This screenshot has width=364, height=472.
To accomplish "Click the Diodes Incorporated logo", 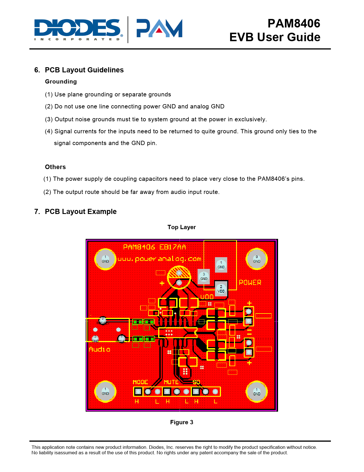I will pyautogui.click(x=79, y=29).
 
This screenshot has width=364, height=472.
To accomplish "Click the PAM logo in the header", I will pyautogui.click(x=159, y=28).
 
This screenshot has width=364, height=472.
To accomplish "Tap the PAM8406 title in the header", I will pyautogui.click(x=293, y=23).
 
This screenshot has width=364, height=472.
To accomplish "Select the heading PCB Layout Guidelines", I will pyautogui.click(x=84, y=70).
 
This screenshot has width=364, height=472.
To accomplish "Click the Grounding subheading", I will pyautogui.click(x=61, y=82).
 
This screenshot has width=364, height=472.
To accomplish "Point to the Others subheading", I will pyautogui.click(x=55, y=167).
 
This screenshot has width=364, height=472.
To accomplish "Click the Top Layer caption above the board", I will pyautogui.click(x=182, y=227).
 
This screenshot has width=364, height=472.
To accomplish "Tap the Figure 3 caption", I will pyautogui.click(x=182, y=422).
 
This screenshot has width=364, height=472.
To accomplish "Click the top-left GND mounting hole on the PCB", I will pyautogui.click(x=105, y=259).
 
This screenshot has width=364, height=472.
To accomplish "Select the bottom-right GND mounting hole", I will pyautogui.click(x=257, y=392).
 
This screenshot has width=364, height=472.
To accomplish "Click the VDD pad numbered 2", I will pyautogui.click(x=221, y=289).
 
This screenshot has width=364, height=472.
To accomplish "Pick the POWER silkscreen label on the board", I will pyautogui.click(x=250, y=283).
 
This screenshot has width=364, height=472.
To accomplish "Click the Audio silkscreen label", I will pyautogui.click(x=99, y=349).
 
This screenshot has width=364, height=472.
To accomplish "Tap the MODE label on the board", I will pyautogui.click(x=140, y=382).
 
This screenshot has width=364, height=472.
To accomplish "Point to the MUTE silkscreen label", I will pyautogui.click(x=171, y=382).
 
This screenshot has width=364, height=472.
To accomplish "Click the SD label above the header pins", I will pyautogui.click(x=196, y=382).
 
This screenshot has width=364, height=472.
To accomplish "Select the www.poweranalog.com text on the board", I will pyautogui.click(x=159, y=259).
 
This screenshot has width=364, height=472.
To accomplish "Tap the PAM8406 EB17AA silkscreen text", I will pyautogui.click(x=154, y=247).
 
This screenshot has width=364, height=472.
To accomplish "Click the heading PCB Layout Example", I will pyautogui.click(x=81, y=212).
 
